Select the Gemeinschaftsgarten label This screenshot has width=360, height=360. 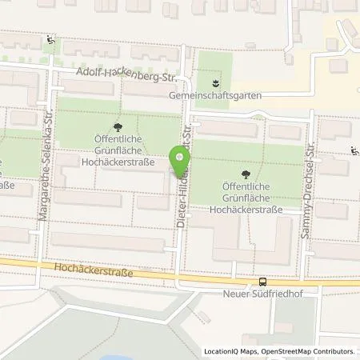tap(216, 95)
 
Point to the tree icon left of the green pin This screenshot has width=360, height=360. tap(118, 126)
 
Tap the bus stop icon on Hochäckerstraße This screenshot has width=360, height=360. tap(262, 282)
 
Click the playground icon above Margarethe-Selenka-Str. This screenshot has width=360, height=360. tap(52, 39)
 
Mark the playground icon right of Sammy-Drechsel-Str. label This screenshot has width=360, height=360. tap(354, 150)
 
